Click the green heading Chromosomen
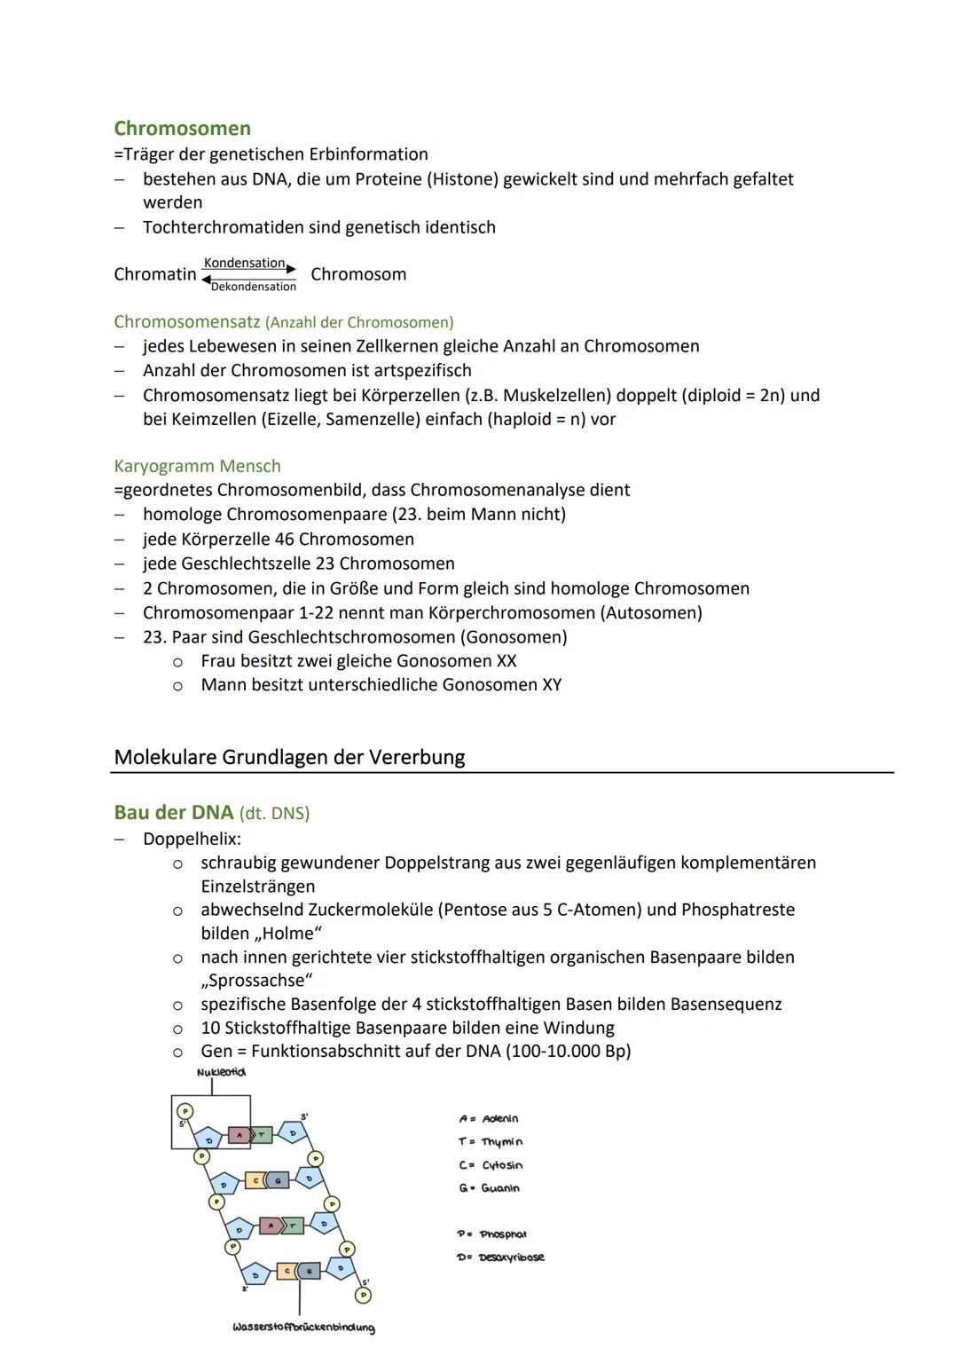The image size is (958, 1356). click(x=182, y=129)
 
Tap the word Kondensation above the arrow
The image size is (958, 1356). click(x=244, y=264)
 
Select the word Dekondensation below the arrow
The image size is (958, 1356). click(x=254, y=287)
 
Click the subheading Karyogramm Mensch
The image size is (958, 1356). click(x=197, y=466)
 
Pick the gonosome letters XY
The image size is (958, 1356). click(x=551, y=685)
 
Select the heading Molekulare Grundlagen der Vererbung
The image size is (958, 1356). click(x=289, y=757)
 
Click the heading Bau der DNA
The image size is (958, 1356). click(x=173, y=813)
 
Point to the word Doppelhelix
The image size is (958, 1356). click(x=192, y=839)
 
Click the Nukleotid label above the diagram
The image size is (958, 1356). click(x=222, y=1072)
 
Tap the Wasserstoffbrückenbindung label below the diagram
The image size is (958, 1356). click(x=303, y=1328)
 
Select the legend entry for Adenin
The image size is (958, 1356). click(x=490, y=1119)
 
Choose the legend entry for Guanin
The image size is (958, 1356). click(x=490, y=1188)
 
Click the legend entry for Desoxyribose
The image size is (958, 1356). click(x=501, y=1257)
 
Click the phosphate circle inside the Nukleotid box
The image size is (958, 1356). click(x=185, y=1111)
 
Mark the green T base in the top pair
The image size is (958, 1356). click(x=263, y=1134)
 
